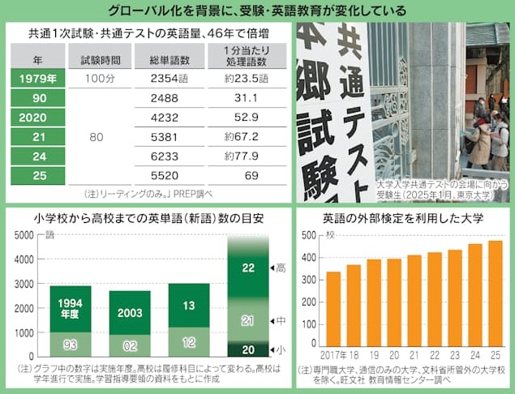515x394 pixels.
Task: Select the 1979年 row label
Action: pyautogui.click(x=38, y=79)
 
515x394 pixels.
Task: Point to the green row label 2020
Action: pyautogui.click(x=38, y=117)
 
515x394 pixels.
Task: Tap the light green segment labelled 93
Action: pyautogui.click(x=71, y=345)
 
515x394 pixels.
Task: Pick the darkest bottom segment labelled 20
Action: pyautogui.click(x=249, y=349)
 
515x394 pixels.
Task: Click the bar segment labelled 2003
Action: pyautogui.click(x=130, y=312)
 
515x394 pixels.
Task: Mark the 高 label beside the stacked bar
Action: pyautogui.click(x=281, y=268)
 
